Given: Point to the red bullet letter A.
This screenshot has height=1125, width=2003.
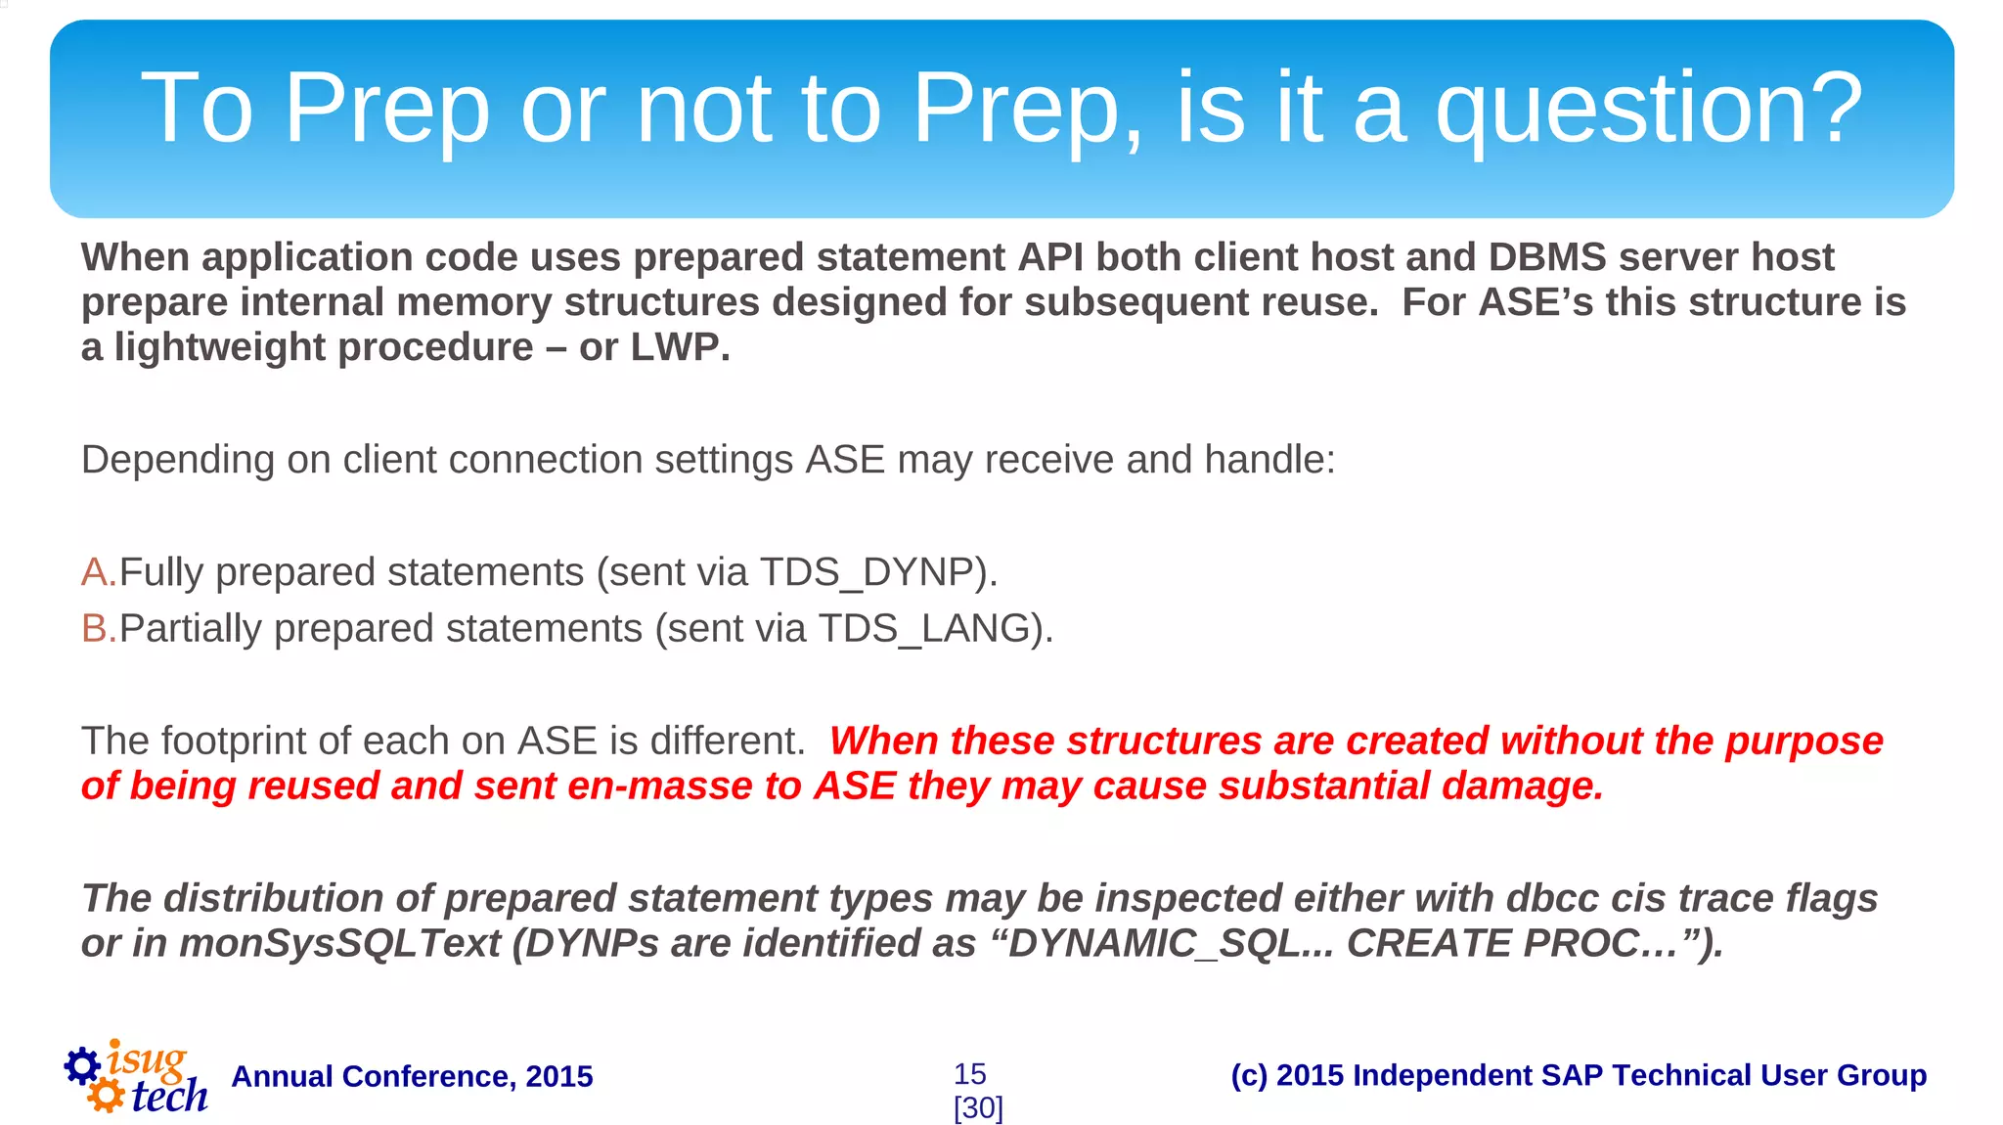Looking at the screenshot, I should (x=96, y=572).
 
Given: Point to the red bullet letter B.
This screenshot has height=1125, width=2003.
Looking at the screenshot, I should (x=96, y=628).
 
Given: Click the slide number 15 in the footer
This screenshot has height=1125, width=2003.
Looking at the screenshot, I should (x=969, y=1074).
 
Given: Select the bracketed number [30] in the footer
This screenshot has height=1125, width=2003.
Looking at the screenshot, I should (x=978, y=1108).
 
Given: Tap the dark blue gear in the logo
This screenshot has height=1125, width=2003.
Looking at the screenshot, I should (x=82, y=1065).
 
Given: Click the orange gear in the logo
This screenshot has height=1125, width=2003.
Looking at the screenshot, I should (x=106, y=1095).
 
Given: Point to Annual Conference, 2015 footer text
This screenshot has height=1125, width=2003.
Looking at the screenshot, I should (x=412, y=1076).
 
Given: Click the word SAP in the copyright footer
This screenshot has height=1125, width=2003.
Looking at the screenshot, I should (x=1572, y=1075).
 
